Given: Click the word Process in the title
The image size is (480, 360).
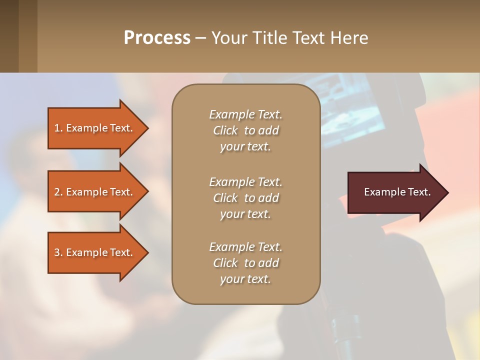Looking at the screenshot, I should click(157, 38).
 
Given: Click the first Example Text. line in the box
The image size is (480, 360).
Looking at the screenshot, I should click(245, 114).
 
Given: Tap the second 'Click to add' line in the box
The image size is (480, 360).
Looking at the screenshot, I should click(245, 198).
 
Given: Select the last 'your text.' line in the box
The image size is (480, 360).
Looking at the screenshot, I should click(245, 279).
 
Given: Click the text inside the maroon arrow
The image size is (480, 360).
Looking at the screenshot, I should click(397, 192).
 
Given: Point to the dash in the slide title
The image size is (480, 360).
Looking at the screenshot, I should click(200, 38).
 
